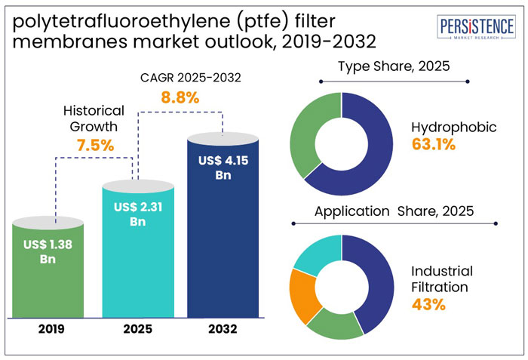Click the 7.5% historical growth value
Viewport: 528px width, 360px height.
pyautogui.click(x=95, y=145)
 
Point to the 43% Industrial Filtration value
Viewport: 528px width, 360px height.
pyautogui.click(x=427, y=305)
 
